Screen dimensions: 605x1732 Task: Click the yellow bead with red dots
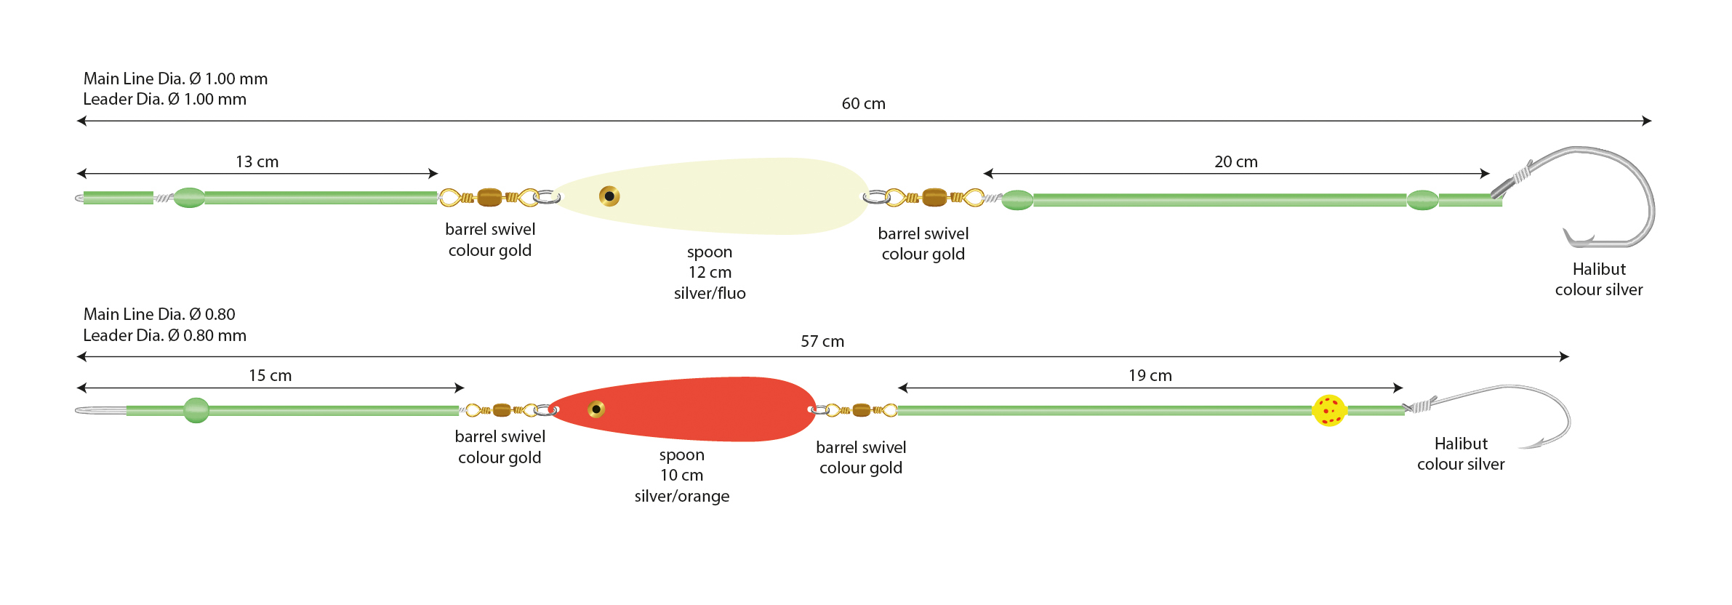[x=1329, y=410]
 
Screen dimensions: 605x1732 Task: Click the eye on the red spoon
[x=596, y=409]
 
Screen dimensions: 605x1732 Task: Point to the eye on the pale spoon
[x=609, y=196]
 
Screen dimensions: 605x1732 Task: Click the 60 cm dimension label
[x=863, y=104]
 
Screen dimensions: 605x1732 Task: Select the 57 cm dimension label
[x=822, y=342]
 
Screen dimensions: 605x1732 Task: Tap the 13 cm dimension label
[x=257, y=162]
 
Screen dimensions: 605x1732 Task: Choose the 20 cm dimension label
[x=1235, y=162]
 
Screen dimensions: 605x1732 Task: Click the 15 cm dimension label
[x=270, y=376]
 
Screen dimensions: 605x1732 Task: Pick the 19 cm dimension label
[x=1150, y=376]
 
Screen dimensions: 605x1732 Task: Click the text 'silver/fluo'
[x=710, y=294]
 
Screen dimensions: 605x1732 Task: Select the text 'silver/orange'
[x=681, y=497]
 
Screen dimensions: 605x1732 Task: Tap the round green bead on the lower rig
[x=196, y=410]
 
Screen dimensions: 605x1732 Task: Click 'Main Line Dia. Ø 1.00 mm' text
[x=175, y=79]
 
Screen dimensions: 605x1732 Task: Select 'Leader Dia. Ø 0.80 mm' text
[x=164, y=336]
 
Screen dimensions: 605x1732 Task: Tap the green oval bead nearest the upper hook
[x=1422, y=200]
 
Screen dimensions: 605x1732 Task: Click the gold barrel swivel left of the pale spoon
[x=489, y=197]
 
